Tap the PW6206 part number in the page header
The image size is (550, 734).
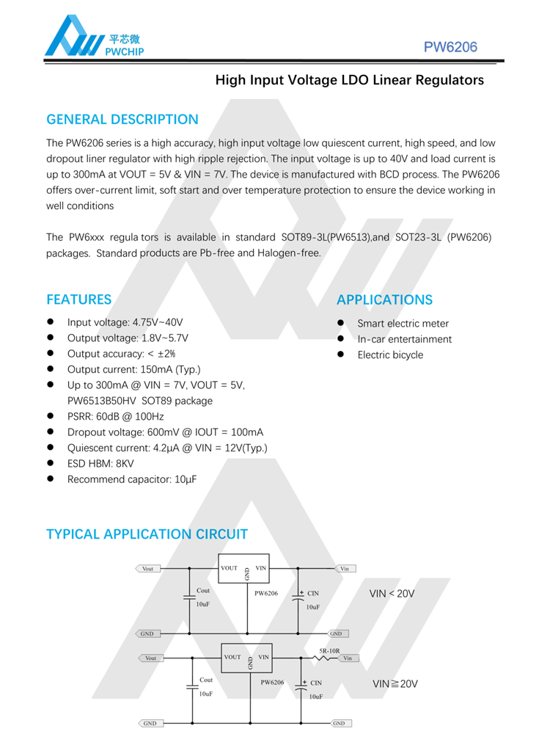(450, 48)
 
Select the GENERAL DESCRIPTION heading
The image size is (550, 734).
(122, 120)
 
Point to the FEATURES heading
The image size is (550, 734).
(79, 299)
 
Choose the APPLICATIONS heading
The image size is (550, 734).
(384, 299)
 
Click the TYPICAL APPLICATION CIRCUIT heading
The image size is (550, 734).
(147, 534)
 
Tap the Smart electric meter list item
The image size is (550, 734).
(403, 324)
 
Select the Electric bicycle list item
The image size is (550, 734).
(390, 355)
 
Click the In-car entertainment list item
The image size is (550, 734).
(404, 339)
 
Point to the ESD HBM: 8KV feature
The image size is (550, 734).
(100, 464)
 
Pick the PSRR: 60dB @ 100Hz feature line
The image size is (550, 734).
(115, 416)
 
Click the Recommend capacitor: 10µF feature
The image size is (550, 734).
(132, 480)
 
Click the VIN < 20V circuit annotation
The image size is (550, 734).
(392, 593)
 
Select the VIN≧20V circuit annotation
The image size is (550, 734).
(395, 684)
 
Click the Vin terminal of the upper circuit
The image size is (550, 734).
(345, 569)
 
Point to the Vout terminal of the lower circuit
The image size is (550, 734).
(150, 658)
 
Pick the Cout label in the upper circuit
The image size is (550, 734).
(203, 590)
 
